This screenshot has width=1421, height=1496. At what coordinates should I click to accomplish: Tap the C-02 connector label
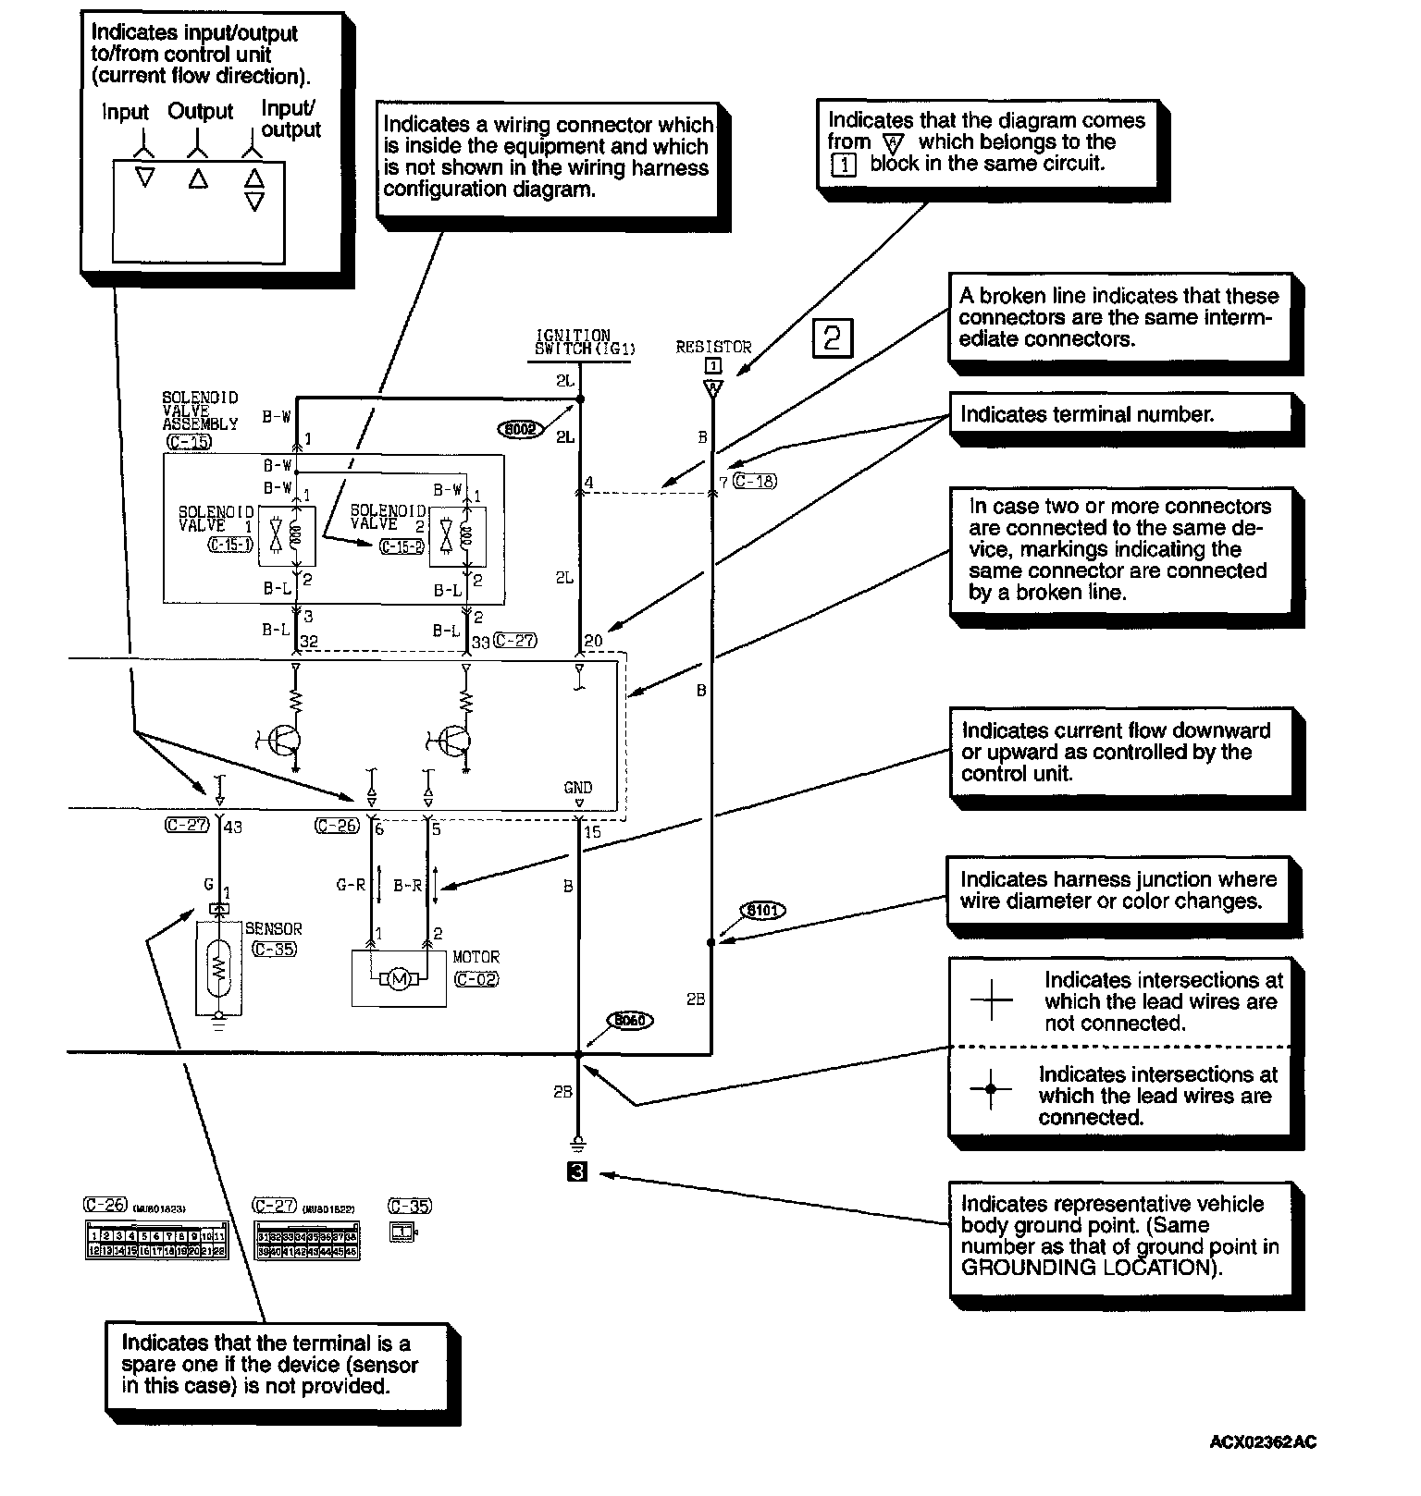(476, 979)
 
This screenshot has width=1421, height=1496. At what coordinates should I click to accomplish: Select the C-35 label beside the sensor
(274, 949)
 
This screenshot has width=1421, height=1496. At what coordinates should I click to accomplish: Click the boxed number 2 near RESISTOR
(832, 338)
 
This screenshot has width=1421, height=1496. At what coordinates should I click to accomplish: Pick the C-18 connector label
(754, 481)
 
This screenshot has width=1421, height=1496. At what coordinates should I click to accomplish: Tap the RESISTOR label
(713, 347)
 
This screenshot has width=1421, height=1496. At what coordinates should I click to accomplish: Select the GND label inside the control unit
(578, 788)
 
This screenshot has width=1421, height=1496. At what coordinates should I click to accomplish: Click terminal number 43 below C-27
(233, 828)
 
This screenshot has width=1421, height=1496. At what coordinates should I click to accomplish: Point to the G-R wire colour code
(351, 885)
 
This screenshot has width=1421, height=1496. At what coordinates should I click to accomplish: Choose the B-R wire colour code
(408, 885)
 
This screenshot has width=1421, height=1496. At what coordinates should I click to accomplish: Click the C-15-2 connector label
(402, 546)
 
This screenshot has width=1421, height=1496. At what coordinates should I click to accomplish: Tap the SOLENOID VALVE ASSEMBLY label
(200, 411)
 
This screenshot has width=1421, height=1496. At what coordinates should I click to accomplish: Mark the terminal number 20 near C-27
(593, 641)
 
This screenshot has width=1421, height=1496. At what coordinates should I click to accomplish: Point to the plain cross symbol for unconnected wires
(991, 999)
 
